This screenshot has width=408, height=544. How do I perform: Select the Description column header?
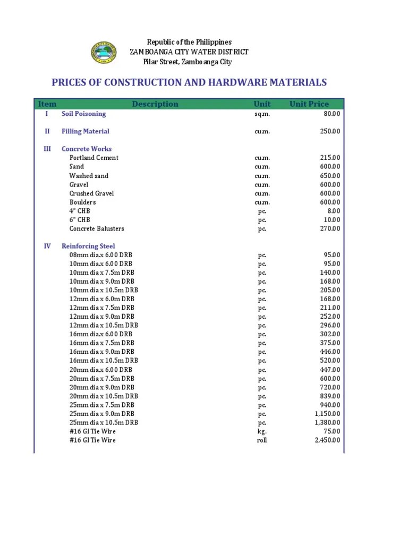155,104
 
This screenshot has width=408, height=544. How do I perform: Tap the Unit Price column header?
309,104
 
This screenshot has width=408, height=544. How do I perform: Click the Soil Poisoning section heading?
83,114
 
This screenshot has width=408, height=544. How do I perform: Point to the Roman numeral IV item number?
47,246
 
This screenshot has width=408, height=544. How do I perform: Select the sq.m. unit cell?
262,114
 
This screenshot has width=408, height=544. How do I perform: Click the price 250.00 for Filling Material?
330,131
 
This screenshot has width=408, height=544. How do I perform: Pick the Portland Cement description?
94,158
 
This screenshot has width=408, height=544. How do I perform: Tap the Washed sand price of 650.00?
330,176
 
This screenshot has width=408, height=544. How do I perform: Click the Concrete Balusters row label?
97,228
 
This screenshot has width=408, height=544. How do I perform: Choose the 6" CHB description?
80,220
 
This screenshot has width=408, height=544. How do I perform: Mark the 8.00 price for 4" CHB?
334,211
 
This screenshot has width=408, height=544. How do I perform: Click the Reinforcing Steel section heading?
88,246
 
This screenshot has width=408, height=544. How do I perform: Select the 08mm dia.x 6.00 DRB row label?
101,255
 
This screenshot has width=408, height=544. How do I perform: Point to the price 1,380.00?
327,422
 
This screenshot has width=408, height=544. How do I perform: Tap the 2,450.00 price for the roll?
327,440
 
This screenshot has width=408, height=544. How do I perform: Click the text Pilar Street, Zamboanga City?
188,62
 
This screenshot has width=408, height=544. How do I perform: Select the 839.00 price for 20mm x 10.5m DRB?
330,396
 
